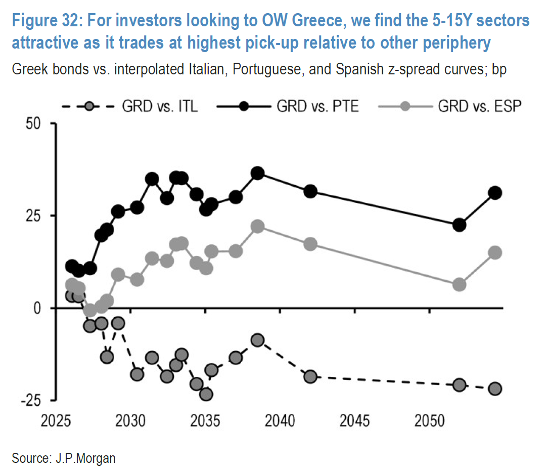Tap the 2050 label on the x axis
[430, 421]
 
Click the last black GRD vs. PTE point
[495, 193]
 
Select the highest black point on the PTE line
[258, 173]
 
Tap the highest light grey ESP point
[258, 226]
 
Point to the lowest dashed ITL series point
[206, 394]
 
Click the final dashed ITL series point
[495, 389]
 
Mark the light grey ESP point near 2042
[310, 244]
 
